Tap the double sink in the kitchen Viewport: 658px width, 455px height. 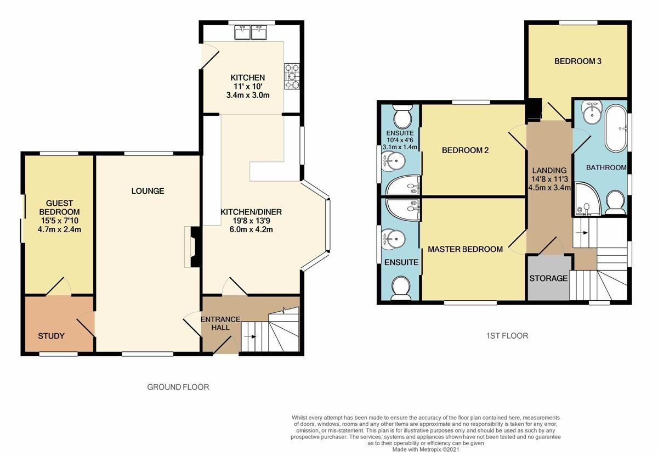[251, 33]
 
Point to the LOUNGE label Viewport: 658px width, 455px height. [148, 191]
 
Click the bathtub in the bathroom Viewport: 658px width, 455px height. [615, 128]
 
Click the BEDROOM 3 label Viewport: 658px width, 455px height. [577, 61]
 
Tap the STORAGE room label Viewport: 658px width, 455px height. [548, 278]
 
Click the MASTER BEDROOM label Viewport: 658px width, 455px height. [465, 249]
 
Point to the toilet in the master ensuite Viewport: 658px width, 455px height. [400, 287]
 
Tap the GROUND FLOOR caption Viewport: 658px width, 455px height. [178, 387]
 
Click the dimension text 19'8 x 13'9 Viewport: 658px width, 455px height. [247, 221]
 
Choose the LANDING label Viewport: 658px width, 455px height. [549, 171]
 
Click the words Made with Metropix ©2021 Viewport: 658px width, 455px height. [426, 449]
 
